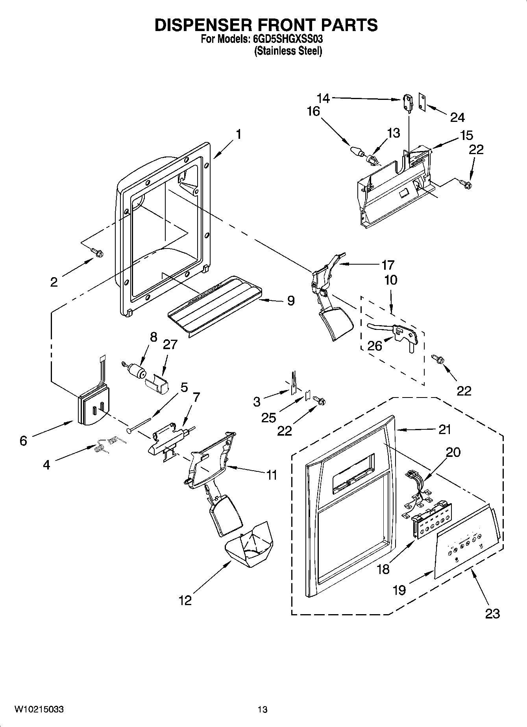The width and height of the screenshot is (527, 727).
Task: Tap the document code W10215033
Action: [x=39, y=709]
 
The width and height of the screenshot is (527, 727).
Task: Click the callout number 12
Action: [x=185, y=600]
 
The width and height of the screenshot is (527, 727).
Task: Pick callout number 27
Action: [x=170, y=344]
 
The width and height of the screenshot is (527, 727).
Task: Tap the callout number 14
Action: [x=324, y=98]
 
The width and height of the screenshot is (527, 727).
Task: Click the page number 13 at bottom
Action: [x=263, y=709]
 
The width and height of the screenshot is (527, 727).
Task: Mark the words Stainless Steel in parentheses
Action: [x=288, y=51]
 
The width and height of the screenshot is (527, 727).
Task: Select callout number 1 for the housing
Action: [x=239, y=134]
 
